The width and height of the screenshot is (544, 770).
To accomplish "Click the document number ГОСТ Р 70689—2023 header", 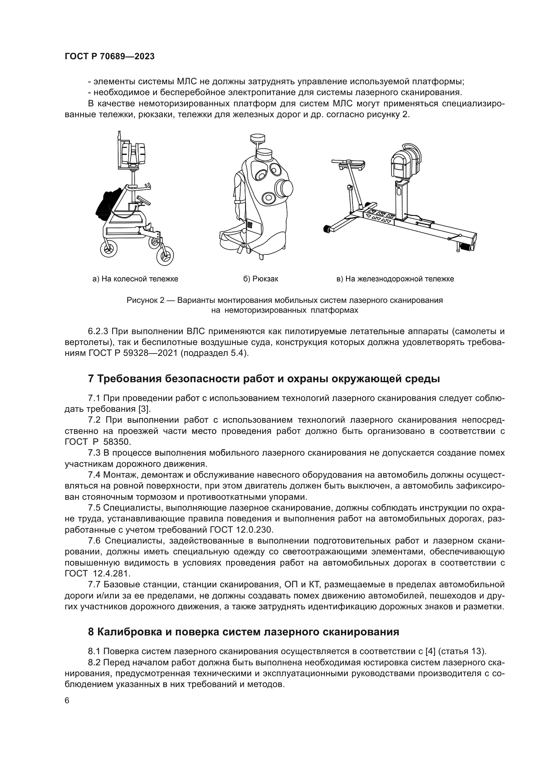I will (x=110, y=56).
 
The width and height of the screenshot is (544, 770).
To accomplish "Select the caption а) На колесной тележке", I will (x=135, y=279).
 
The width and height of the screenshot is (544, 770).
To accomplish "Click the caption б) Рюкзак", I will (x=260, y=279).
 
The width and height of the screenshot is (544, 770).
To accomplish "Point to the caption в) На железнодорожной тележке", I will (x=395, y=279).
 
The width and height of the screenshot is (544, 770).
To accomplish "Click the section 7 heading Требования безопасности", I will (x=264, y=379).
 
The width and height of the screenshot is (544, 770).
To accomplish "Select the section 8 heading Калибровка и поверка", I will (x=243, y=632).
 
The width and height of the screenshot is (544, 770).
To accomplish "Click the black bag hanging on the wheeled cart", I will (x=107, y=204).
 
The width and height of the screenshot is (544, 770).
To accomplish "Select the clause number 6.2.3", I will (x=98, y=332).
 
